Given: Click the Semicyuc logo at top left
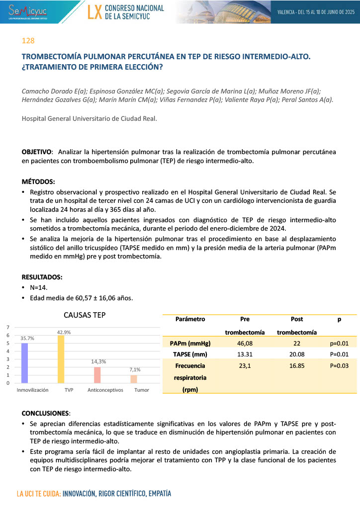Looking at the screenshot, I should [x=25, y=11].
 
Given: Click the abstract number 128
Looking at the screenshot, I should [x=28, y=41].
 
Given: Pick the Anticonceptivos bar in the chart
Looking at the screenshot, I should [x=97, y=375].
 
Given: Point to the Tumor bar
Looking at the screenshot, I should [x=134, y=379].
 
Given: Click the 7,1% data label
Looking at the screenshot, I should [x=134, y=370].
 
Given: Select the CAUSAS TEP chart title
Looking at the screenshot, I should [x=85, y=315].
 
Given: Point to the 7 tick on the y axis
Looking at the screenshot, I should [x=8, y=327].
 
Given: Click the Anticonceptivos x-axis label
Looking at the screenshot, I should [x=105, y=390].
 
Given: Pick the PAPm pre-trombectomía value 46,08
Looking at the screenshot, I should [x=245, y=343].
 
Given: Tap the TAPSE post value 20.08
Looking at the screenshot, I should [x=297, y=354].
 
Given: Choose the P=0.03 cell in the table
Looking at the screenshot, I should [x=339, y=365].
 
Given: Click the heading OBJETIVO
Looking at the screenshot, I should [x=37, y=151].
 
